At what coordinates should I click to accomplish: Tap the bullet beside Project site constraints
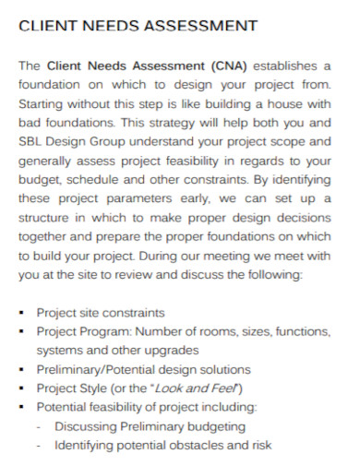[22, 313]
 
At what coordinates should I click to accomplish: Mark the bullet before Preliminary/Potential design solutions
[22, 369]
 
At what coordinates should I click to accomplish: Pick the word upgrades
[169, 350]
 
